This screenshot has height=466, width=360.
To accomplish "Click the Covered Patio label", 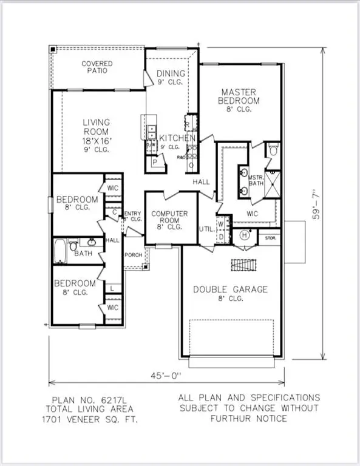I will click(x=97, y=67).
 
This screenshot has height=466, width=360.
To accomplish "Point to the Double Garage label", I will click(x=230, y=290).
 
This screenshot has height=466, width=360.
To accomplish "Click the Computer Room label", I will click(x=169, y=217).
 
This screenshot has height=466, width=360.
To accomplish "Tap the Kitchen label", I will click(x=177, y=138).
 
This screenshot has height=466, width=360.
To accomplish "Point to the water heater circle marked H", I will click(x=245, y=235).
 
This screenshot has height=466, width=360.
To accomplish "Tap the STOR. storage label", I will click(x=268, y=239).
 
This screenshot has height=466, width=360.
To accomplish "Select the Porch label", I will click(x=133, y=255).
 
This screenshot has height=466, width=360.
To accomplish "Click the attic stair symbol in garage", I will click(x=244, y=266).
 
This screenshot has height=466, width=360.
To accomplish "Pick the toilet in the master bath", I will click(x=273, y=150).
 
